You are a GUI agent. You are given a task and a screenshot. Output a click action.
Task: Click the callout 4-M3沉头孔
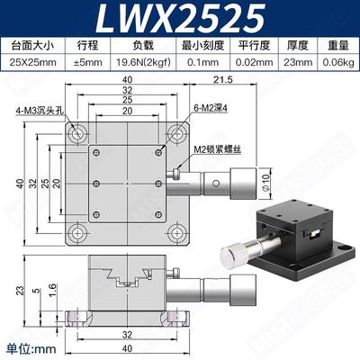pyautogui.click(x=33, y=112)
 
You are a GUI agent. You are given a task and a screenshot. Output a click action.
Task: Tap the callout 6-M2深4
pyautogui.click(x=197, y=112)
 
